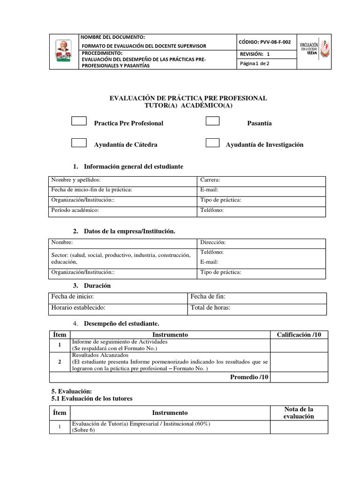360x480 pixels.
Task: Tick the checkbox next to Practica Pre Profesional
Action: (x=79, y=121)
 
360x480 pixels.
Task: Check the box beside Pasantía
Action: (x=213, y=121)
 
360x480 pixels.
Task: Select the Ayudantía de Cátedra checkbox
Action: (x=79, y=143)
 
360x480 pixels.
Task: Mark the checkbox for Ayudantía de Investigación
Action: (x=213, y=143)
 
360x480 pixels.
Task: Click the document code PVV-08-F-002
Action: (x=265, y=42)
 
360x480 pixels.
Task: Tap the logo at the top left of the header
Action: (x=63, y=52)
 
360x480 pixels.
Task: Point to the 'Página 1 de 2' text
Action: (x=255, y=64)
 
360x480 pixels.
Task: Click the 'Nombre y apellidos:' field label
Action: (x=76, y=180)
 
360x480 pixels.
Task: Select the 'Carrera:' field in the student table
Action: (x=210, y=180)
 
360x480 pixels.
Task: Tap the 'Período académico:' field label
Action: (x=75, y=210)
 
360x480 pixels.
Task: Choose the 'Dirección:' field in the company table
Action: (x=213, y=242)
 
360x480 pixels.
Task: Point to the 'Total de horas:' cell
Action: (x=210, y=308)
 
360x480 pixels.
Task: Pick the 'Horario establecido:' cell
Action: (x=78, y=308)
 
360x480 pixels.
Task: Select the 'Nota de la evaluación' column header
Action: (x=299, y=413)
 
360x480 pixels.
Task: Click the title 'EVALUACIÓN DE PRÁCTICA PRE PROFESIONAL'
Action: (x=188, y=98)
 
